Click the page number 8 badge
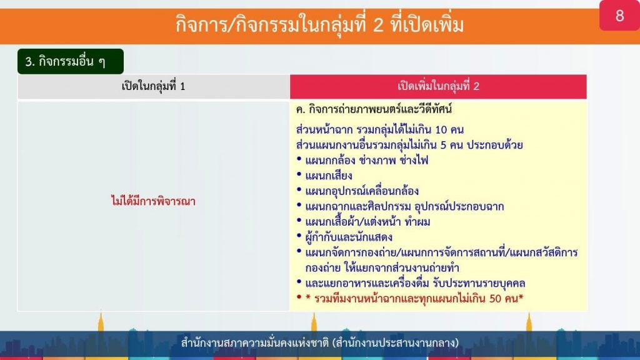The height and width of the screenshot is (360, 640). coord(619,15)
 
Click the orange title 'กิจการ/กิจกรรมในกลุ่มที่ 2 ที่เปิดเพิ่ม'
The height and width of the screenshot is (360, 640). coord(319,24)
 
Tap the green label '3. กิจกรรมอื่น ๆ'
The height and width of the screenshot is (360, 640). coord(70,61)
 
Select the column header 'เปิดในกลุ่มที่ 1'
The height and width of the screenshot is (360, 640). coord(154,86)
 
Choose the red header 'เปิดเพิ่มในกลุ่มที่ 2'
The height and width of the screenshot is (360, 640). coord(438,86)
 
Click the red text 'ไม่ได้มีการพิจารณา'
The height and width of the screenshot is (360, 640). coord(154,201)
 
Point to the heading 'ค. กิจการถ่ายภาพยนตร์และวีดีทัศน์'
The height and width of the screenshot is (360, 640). coord(374,109)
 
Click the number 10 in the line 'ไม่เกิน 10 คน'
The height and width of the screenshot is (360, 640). coord(441,130)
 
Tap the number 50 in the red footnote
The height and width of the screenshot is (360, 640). coord(495,299)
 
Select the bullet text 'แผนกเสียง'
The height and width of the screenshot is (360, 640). coord(329,176)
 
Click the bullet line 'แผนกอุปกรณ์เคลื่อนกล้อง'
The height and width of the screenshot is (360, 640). coord(362,191)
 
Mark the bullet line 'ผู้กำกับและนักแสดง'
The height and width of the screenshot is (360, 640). coord(349,237)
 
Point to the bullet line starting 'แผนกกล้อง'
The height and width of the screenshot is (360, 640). coord(367,161)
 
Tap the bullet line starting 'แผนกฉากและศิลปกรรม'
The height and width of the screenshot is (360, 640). coord(404,206)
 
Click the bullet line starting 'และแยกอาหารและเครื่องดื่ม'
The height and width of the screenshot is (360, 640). coord(415,283)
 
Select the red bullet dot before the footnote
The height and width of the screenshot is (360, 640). coord(299,297)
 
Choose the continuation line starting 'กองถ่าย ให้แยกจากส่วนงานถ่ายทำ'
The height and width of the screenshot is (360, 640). coord(382,268)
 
